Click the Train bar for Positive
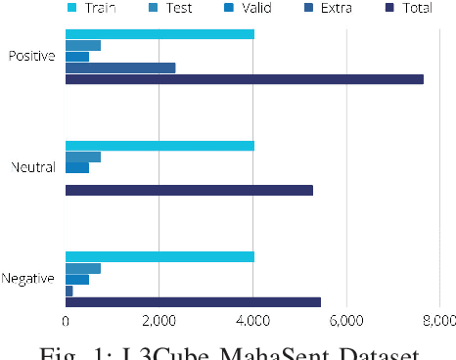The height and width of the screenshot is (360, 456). coord(160,34)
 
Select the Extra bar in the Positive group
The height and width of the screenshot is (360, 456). coord(120,67)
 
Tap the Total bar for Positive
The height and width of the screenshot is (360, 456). coord(245,78)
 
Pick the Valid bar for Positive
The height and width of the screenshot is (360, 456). coord(77,57)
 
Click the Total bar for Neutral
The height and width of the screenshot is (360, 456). coord(189,190)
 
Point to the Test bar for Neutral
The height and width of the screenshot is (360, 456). coord(83,157)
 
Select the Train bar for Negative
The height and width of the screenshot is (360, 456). coord(160,257)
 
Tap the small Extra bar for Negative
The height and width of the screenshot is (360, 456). coord(69,291)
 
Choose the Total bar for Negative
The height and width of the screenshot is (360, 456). coord(193,301)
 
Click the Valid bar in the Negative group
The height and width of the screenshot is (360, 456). coord(77,280)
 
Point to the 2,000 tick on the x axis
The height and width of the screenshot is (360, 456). coord(160,320)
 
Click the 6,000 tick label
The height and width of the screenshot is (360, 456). coord(345,320)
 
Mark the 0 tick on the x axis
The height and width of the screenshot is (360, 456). coord(66,320)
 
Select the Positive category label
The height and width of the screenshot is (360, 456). coord(32,56)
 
